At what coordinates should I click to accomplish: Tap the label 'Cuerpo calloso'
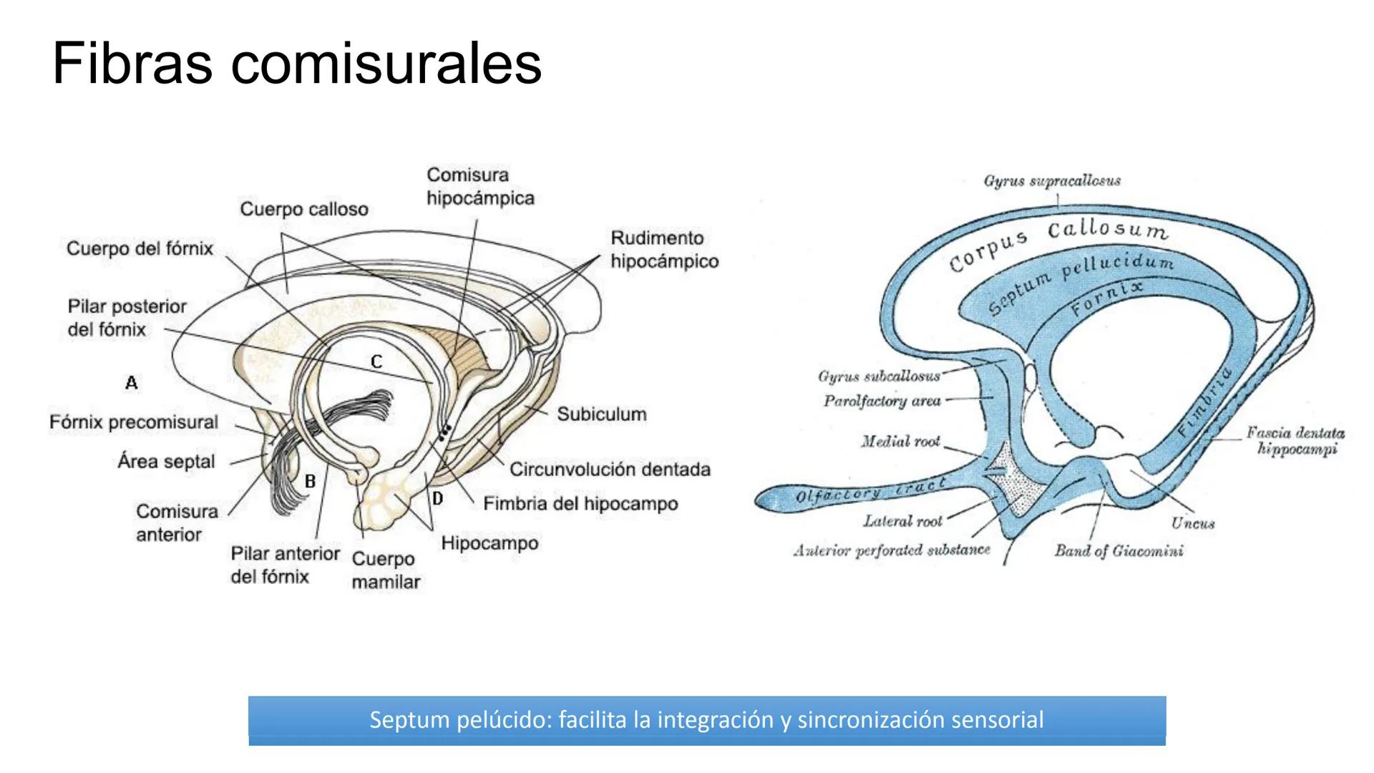304,209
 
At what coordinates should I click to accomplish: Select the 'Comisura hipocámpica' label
480,186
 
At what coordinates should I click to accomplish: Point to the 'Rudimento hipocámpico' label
664,249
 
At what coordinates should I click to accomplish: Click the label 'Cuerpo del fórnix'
140,248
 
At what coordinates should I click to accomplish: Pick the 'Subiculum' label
601,414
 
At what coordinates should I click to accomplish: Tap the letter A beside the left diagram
131,383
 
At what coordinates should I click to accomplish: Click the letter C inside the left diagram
376,362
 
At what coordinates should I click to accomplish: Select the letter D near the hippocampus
437,498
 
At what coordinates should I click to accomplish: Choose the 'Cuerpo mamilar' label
385,570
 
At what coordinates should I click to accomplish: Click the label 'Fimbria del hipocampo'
580,504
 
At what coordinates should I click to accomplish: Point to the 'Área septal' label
166,462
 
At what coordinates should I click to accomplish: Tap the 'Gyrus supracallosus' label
1052,181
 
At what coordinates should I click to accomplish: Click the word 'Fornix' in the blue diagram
1106,298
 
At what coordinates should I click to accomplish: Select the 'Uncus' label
1193,523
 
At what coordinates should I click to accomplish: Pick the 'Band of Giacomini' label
1119,550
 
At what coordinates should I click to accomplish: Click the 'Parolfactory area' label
882,401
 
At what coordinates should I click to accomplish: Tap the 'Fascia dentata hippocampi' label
1295,441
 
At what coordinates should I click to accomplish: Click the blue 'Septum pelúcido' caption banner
706,720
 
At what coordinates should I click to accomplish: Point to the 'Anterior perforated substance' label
892,550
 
